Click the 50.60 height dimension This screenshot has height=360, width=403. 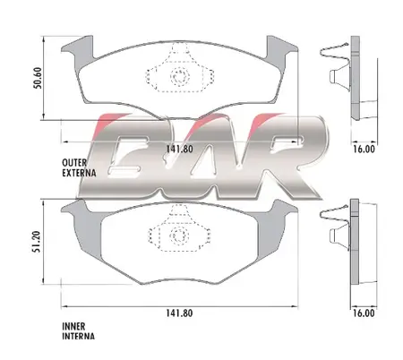tap(39, 78)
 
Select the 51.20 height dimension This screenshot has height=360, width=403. tap(37, 242)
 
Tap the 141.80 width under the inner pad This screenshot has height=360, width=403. tap(179, 313)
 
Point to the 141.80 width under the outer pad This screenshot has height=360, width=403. tap(179, 149)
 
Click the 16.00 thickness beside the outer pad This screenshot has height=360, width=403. tap(364, 149)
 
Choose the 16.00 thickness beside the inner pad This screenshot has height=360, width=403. tap(364, 313)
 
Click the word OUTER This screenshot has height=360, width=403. tap(74, 163)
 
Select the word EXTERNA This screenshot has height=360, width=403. tap(79, 173)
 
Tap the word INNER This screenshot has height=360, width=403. tap(73, 326)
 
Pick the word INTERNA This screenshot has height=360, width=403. tap(79, 336)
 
